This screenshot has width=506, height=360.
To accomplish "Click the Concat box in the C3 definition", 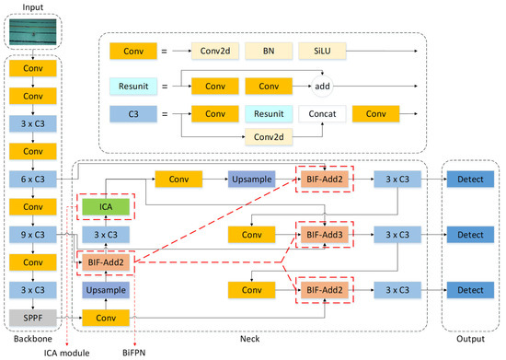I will [324, 113].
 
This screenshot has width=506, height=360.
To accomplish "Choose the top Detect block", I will [470, 178].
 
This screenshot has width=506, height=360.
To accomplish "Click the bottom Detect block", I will [470, 290].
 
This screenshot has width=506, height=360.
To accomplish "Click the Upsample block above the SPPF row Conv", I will [104, 290].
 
